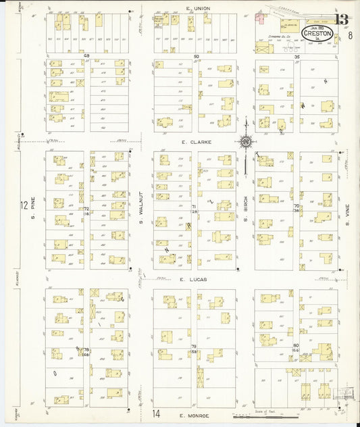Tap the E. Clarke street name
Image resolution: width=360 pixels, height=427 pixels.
coord(196,143)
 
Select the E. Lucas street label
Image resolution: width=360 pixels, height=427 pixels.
coord(192,278)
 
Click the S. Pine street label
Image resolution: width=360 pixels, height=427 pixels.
coord(32,205)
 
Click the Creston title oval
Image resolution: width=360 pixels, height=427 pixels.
coord(317,33)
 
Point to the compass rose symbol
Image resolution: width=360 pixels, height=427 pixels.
coord(247,142)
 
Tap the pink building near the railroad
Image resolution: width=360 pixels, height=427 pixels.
coord(260,18)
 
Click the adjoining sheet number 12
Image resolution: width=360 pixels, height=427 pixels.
coord(24,205)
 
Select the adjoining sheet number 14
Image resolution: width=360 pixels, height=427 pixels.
coord(156,413)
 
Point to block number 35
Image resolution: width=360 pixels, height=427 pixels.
coord(297,57)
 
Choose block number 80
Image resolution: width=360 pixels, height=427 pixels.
coord(296,345)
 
